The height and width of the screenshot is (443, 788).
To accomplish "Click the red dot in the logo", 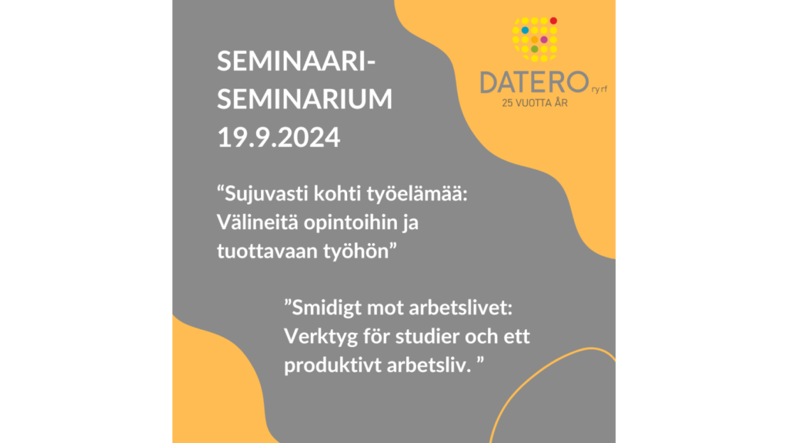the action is point(553,21).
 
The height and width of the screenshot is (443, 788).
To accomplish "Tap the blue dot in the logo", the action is point(525,30).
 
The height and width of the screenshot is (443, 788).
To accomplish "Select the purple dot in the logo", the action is point(544,40).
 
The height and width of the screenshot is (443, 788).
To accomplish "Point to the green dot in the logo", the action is point(534,49).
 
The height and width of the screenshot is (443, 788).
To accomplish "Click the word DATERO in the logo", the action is point(534,82).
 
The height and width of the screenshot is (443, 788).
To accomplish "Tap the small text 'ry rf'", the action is point(599,89).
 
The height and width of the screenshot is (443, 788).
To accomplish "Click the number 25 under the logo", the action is point(507,104).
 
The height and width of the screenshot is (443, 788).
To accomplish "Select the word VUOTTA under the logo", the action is point(534,104).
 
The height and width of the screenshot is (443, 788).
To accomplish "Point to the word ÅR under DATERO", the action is point(561,103).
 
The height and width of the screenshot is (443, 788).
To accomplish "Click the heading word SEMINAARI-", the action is point(296,62).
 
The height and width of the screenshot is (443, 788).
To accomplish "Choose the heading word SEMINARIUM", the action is point(305,98).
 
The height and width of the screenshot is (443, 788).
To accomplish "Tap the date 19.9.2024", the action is point(279,137).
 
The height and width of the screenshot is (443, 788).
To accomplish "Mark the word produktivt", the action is point(332,365).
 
